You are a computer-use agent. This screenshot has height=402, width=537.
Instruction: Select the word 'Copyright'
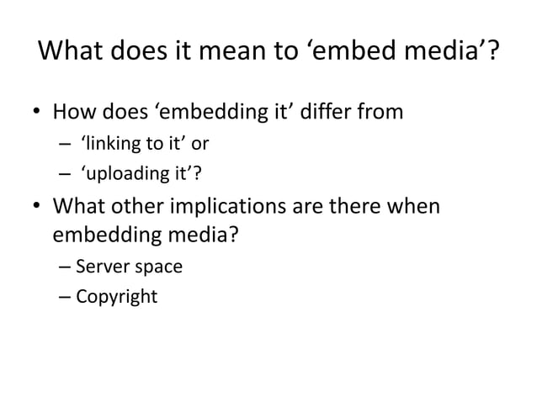(116, 297)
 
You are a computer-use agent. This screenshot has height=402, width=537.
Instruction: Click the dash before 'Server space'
(66, 269)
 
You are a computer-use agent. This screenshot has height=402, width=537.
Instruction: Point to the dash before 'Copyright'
(66, 298)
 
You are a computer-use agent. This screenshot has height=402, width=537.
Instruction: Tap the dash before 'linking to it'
(66, 144)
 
